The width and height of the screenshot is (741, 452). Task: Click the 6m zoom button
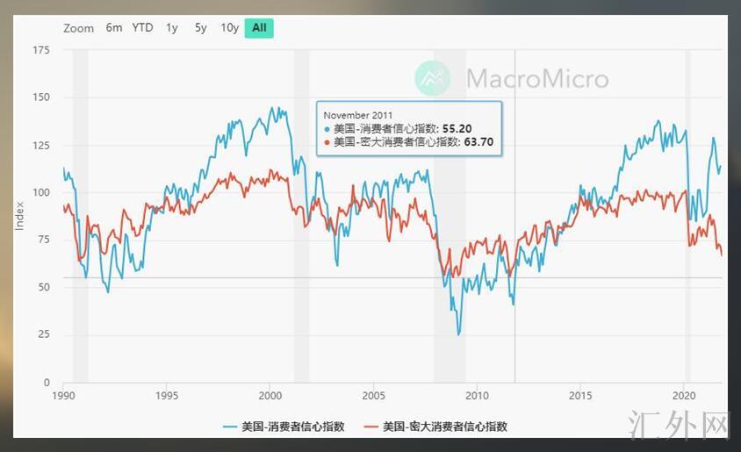114,27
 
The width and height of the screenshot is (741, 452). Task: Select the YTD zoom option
142,27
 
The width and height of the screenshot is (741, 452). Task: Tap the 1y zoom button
172,27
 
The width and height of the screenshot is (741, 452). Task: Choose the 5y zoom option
201,27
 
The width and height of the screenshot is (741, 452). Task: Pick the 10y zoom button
229,27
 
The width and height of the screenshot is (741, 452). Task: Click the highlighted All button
259,27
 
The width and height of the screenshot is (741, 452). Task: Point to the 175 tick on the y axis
41,50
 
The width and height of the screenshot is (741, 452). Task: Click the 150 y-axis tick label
41,97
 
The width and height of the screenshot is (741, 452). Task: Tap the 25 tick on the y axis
44,335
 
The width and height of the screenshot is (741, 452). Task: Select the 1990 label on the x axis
63,394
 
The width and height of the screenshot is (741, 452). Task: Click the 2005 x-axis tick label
373,394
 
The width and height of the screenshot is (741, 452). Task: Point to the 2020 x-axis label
684,394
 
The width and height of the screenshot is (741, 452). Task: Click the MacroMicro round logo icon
432,79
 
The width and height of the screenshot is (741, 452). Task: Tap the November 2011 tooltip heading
358,115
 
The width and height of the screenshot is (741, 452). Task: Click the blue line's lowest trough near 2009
458,334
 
